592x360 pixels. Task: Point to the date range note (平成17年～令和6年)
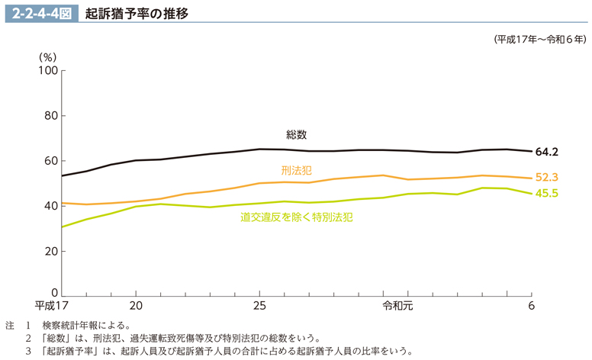[x=540, y=39]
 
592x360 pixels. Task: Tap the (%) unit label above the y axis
[x=47, y=56]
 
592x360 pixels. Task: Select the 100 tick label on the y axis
[x=48, y=71]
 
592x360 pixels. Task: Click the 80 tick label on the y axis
[x=51, y=116]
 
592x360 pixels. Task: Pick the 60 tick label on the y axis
[x=51, y=161]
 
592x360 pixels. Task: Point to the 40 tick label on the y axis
[x=51, y=206]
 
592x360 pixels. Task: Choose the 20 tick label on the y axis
[x=51, y=250]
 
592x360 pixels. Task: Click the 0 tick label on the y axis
[x=54, y=293]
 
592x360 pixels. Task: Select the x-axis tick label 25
[x=259, y=307]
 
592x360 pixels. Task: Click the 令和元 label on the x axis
[x=397, y=307]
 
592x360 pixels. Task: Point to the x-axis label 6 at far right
[x=531, y=307]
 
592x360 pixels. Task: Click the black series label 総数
[x=297, y=135]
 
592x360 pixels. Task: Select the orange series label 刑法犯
[x=296, y=170]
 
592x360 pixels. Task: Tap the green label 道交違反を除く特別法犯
[x=296, y=217]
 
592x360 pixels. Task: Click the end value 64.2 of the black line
[x=547, y=152]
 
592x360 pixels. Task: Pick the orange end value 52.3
[x=547, y=178]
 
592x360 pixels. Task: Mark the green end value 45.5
[x=547, y=194]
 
